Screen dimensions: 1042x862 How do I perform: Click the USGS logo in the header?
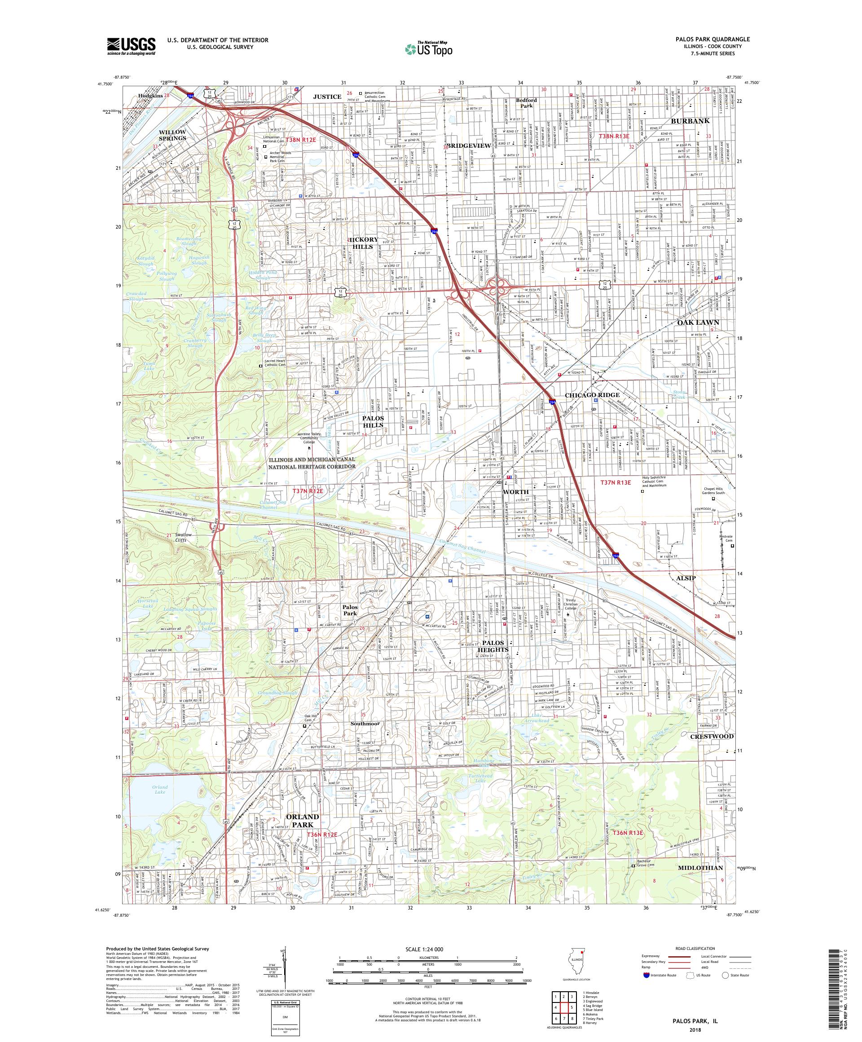pyautogui.click(x=132, y=46)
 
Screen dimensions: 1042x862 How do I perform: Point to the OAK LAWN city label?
pyautogui.click(x=698, y=322)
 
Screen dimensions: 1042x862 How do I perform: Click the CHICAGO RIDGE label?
pyautogui.click(x=592, y=395)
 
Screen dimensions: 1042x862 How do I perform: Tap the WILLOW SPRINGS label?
pyautogui.click(x=172, y=135)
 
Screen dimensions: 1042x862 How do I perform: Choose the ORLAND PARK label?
pyautogui.click(x=302, y=821)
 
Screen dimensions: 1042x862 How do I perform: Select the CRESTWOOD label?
pyautogui.click(x=711, y=736)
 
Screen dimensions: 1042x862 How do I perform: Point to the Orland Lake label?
pyautogui.click(x=160, y=790)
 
